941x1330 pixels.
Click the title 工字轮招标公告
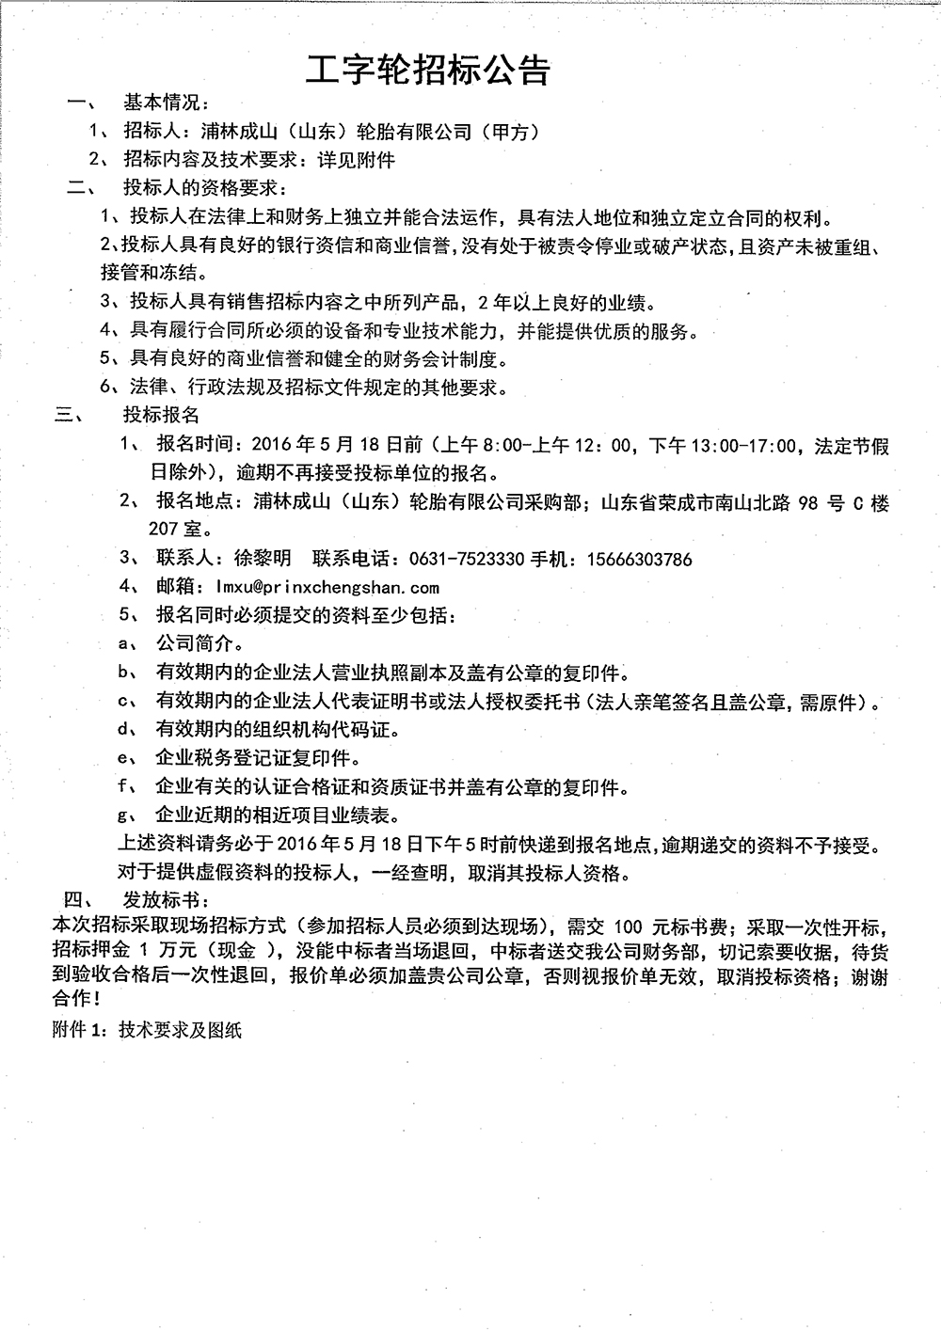pyautogui.click(x=428, y=69)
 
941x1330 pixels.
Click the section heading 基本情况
pyautogui.click(x=167, y=103)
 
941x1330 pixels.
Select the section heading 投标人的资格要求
pyautogui.click(x=205, y=187)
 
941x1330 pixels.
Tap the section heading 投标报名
pyautogui.click(x=161, y=415)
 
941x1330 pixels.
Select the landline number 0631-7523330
pyautogui.click(x=467, y=560)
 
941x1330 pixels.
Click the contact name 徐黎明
pyautogui.click(x=262, y=560)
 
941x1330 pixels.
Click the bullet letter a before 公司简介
pyautogui.click(x=122, y=645)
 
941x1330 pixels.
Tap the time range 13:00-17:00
pyautogui.click(x=742, y=446)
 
